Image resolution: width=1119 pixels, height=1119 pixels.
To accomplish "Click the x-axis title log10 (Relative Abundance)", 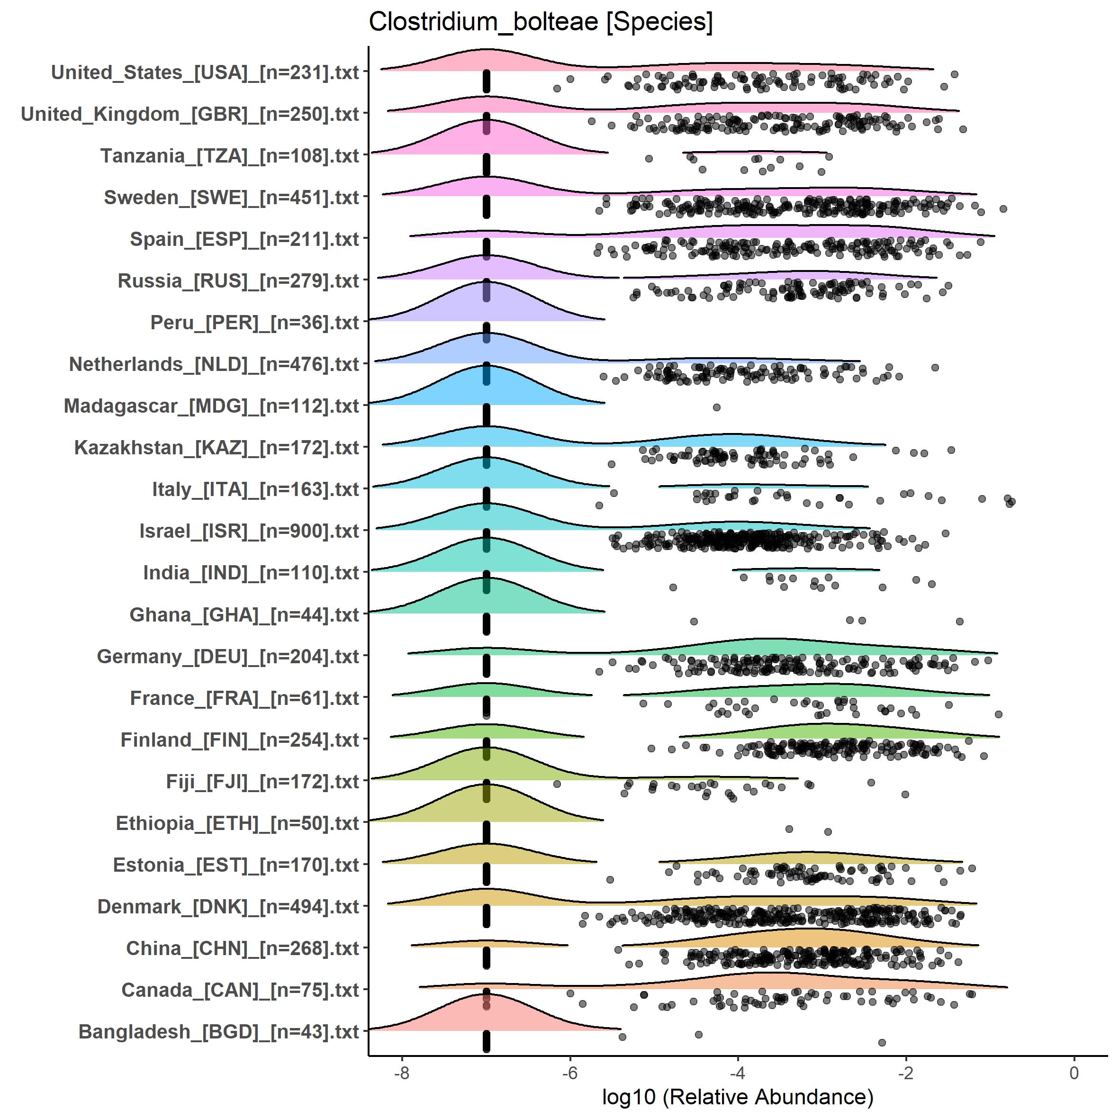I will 737,1096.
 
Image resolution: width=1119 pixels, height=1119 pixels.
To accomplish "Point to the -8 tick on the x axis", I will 402,1073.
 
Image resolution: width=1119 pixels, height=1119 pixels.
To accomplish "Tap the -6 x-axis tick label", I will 570,1073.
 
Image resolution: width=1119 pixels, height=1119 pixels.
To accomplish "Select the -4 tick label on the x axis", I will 738,1073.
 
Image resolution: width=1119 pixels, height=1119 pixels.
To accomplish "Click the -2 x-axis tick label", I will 906,1073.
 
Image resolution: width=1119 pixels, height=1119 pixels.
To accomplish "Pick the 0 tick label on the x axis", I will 1074,1073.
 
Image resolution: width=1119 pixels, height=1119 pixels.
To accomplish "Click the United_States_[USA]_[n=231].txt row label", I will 205,72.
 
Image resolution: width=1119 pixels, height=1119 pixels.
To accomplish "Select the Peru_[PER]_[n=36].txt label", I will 255,323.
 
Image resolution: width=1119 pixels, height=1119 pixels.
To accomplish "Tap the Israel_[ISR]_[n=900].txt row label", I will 249,531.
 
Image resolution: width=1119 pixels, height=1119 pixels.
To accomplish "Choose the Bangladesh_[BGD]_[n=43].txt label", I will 218,1031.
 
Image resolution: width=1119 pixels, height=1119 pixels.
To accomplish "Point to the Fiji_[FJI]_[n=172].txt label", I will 262,781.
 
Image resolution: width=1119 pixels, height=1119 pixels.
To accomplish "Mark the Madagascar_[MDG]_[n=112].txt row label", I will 211,406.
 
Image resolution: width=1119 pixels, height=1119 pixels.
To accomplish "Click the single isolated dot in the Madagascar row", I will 716,407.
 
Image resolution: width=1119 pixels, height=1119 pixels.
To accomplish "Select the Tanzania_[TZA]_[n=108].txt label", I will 229,156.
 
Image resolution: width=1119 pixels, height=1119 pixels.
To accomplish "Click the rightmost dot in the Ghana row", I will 959,622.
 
